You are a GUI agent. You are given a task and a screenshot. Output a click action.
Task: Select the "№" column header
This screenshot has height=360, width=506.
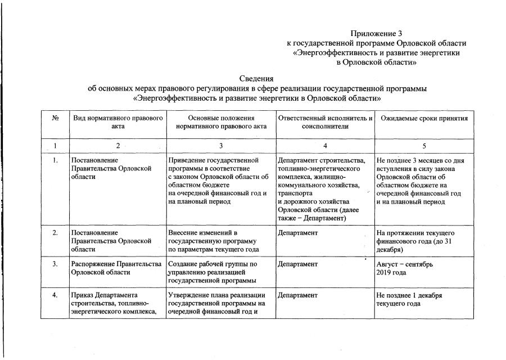click(56, 118)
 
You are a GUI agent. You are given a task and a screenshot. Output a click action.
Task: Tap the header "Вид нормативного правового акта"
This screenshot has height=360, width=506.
click(118, 122)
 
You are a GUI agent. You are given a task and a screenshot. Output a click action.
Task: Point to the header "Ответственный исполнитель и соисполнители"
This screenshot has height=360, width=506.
click(325, 122)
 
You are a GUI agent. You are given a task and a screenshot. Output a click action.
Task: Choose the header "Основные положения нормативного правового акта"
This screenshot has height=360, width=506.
click(221, 122)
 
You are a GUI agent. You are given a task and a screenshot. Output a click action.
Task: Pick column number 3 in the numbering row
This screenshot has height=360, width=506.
click(221, 146)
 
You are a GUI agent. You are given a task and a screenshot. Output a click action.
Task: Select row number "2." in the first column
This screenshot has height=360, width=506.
click(56, 232)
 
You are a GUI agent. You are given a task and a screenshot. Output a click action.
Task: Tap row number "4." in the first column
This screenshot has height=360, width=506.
click(56, 295)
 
